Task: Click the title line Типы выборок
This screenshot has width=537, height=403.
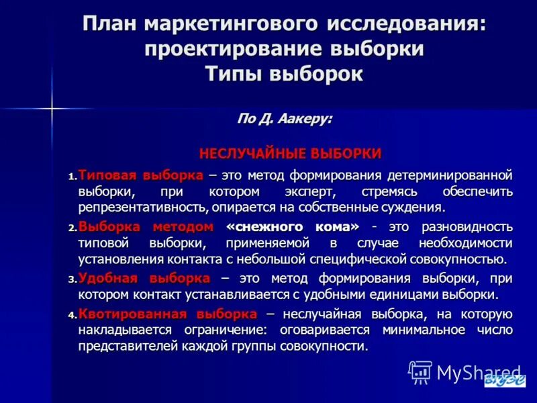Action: tap(284, 73)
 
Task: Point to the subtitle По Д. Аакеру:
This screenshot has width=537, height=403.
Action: tap(284, 118)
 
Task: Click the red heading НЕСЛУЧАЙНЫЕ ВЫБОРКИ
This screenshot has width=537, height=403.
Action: tap(290, 153)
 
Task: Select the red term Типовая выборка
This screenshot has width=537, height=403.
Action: tap(140, 175)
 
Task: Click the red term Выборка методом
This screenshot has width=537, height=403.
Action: tap(146, 226)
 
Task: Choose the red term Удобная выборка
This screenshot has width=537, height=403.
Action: tap(144, 278)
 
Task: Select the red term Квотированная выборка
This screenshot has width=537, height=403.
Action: tap(167, 314)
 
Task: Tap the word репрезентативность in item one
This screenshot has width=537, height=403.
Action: tap(142, 208)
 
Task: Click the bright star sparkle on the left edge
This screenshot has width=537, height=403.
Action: tap(52, 108)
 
